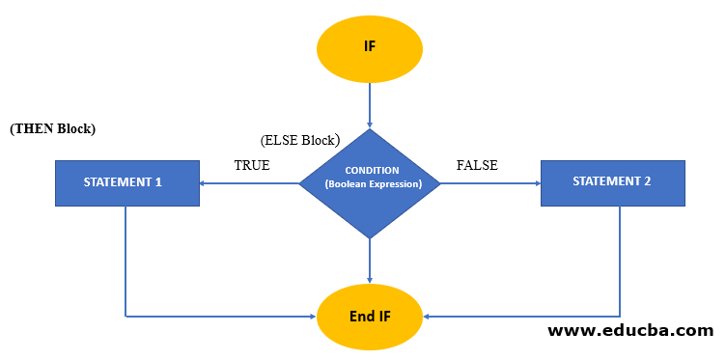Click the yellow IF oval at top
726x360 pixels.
click(x=370, y=45)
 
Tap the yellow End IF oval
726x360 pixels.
click(x=370, y=316)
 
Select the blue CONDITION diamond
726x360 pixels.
click(x=370, y=183)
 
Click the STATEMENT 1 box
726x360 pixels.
click(x=127, y=182)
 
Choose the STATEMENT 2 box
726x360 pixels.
click(x=613, y=182)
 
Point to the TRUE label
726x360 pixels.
click(x=252, y=165)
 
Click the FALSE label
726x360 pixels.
click(x=477, y=165)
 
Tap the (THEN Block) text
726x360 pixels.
click(x=53, y=128)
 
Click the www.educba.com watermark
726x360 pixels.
click(x=630, y=331)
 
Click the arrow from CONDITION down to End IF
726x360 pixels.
click(x=370, y=261)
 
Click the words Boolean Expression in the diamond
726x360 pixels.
click(x=373, y=183)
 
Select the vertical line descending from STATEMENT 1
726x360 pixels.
click(x=126, y=261)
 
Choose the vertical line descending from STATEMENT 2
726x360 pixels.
click(x=620, y=261)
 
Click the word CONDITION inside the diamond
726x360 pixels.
click(x=372, y=170)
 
